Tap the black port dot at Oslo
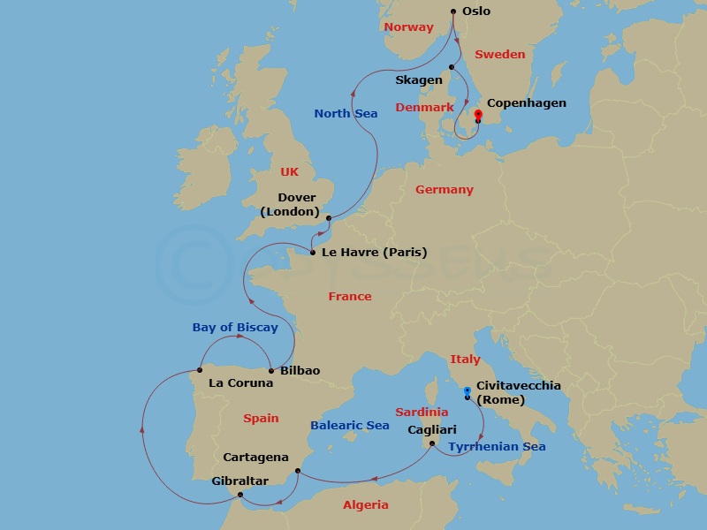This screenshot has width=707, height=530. (453, 11)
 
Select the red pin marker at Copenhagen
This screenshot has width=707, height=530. (478, 115)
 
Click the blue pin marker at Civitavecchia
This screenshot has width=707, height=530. (467, 390)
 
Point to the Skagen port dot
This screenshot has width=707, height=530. (451, 67)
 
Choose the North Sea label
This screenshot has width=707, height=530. (346, 113)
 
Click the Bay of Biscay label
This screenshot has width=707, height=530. (235, 328)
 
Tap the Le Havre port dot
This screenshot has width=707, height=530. (313, 254)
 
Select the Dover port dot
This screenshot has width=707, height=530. (328, 218)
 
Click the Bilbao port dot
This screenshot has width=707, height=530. (270, 371)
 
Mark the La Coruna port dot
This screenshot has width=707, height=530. (201, 371)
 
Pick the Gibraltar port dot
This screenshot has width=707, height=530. (240, 495)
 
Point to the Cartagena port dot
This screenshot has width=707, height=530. (298, 471)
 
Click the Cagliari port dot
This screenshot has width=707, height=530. (432, 443)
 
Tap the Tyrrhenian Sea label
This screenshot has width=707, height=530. (497, 447)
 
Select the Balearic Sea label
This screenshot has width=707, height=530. (350, 426)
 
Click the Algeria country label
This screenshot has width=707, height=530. (365, 505)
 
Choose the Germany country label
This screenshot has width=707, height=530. (445, 190)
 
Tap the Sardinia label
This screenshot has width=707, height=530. (422, 413)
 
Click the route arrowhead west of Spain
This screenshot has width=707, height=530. (141, 429)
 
